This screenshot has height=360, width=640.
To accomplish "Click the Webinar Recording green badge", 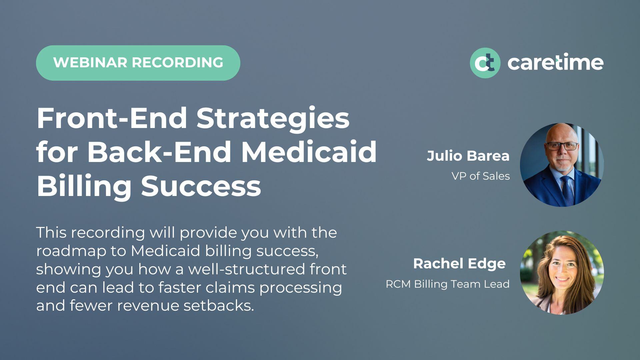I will tap(138, 63).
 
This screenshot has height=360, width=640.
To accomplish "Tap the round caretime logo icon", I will tap(485, 63).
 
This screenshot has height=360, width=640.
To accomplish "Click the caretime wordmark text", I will tap(555, 63).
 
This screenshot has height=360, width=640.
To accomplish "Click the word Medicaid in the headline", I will tap(309, 152).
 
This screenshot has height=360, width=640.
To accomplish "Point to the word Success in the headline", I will tap(201, 186).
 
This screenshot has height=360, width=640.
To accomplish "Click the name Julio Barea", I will tap(468, 156).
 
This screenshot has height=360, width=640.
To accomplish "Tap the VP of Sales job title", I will tap(480, 176).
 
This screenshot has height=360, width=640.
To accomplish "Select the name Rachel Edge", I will tap(459, 264).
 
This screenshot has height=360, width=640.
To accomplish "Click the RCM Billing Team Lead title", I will tap(447, 284).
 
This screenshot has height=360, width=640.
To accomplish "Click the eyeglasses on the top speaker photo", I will tap(562, 146).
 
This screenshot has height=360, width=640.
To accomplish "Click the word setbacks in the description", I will tap(219, 305).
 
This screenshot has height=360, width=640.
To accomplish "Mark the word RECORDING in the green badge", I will tap(177, 63).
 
